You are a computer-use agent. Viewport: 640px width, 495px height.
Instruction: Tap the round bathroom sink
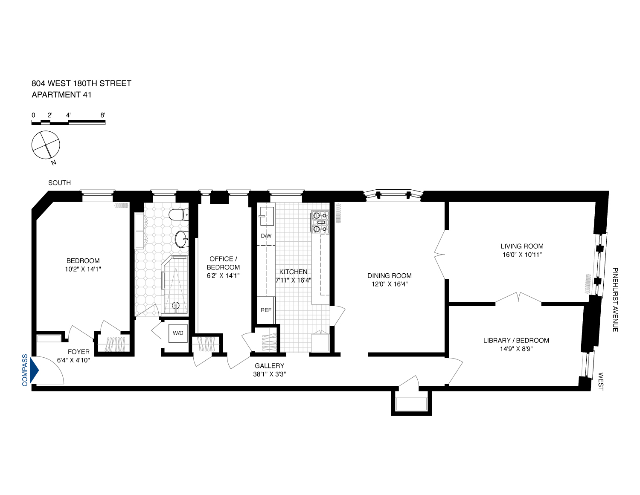[x=182, y=239]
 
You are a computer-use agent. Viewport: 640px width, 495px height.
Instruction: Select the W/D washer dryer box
[x=178, y=333]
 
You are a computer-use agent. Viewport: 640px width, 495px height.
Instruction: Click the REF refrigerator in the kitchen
[x=266, y=310]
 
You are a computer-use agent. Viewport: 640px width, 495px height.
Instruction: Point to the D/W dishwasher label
[x=266, y=236]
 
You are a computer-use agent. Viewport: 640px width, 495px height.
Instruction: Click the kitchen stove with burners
[x=320, y=222]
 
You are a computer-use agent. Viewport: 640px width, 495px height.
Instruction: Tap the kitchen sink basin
[x=267, y=216]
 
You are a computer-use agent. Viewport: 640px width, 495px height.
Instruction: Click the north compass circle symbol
[x=46, y=145]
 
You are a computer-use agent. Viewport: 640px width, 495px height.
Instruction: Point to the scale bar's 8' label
[x=102, y=115]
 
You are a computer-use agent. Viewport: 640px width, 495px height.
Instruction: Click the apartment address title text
[x=81, y=84]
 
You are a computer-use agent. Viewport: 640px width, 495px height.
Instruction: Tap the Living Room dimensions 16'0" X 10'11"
[x=522, y=255]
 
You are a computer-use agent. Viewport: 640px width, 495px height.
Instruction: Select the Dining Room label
[x=389, y=275]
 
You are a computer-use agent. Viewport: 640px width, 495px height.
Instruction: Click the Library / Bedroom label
[x=516, y=340]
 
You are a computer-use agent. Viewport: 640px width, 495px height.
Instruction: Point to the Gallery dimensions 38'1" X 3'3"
[x=269, y=374]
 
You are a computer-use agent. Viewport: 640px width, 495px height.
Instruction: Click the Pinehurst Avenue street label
[x=615, y=300]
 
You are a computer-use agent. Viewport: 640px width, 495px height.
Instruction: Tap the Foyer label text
[x=79, y=352]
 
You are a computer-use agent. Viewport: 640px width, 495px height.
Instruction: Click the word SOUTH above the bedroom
[x=59, y=182]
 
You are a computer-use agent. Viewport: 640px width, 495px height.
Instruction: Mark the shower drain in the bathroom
[x=175, y=305]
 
